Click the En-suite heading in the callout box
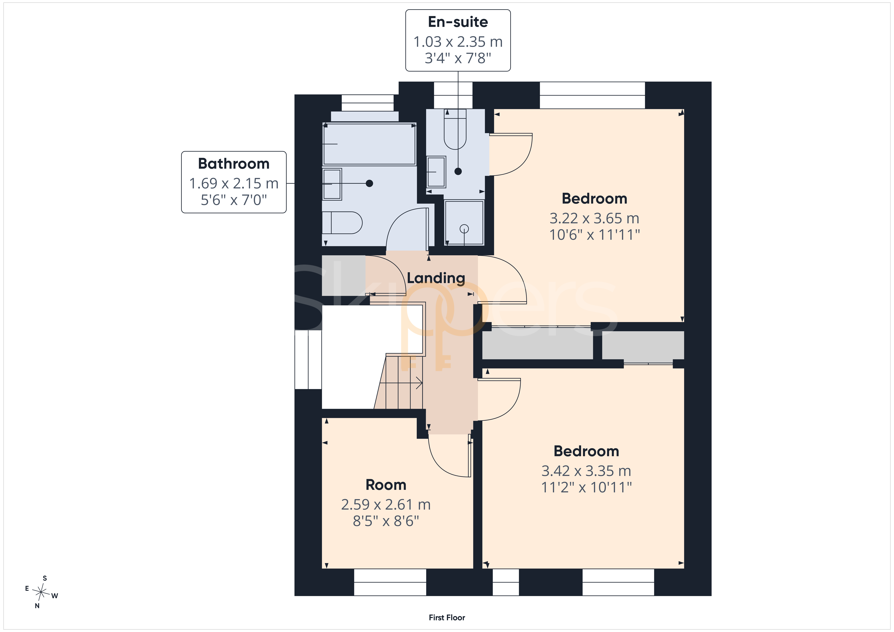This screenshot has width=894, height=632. coord(458,22)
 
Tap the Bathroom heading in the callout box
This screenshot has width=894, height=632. coord(234,164)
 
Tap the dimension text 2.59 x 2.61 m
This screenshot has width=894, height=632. coord(386,505)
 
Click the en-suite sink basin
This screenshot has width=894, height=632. coord(436,172)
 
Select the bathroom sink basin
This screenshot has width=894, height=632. coord(332,184)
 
